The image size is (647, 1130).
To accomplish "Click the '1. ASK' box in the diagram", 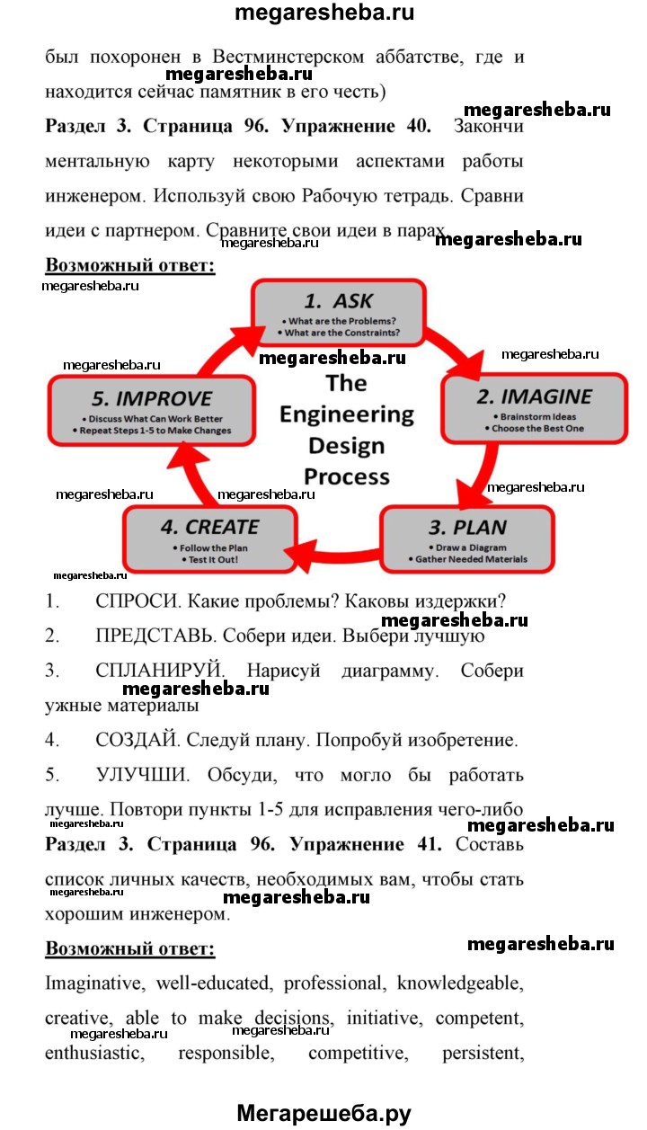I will [x=338, y=313].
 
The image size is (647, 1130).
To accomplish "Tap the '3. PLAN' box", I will [x=466, y=538].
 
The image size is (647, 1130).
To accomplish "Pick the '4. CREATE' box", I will [x=209, y=538].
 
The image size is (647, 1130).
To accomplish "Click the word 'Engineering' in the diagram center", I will [x=346, y=414].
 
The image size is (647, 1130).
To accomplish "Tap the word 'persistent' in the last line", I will [x=483, y=1053].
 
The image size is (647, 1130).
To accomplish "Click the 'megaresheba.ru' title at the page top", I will [x=324, y=14].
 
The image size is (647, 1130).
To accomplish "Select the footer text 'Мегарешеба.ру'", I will [x=324, y=1113].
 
